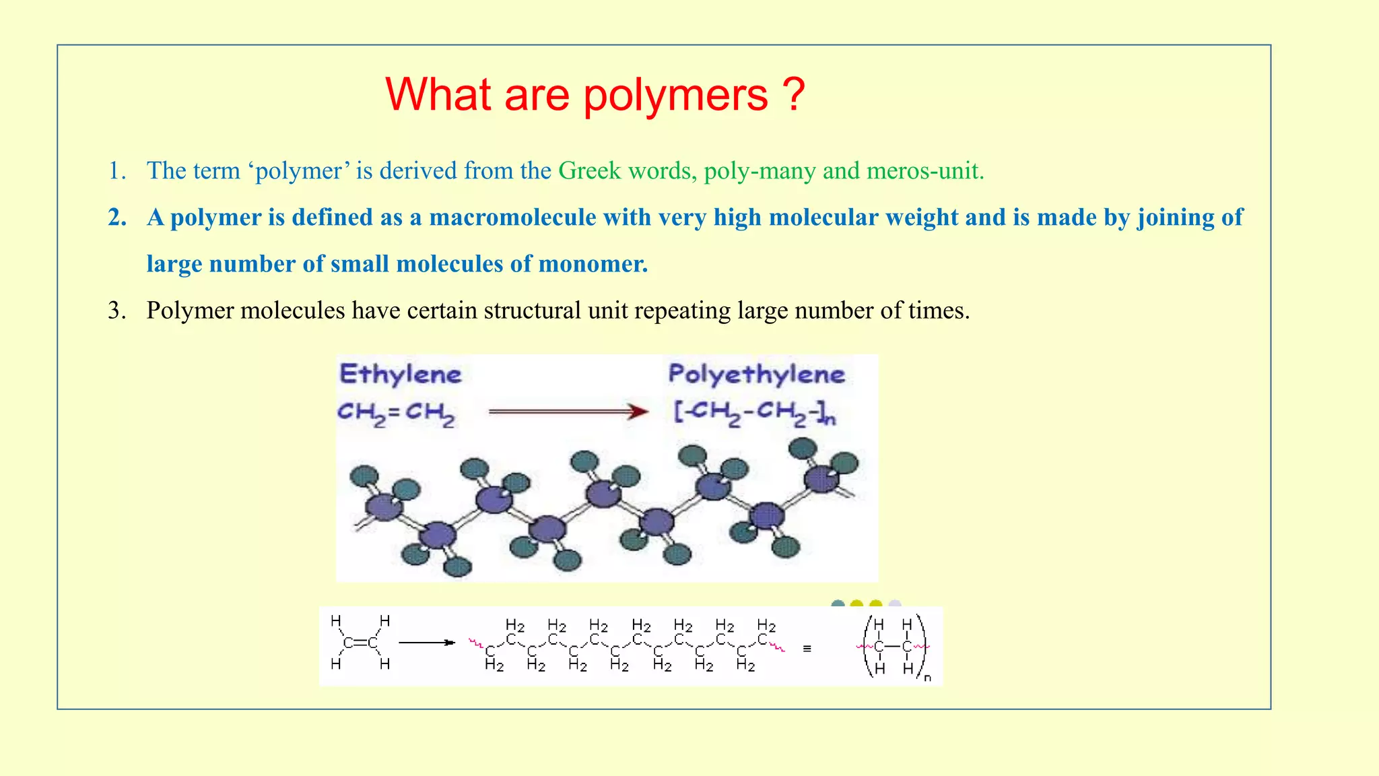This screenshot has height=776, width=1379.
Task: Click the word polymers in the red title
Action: pos(675,95)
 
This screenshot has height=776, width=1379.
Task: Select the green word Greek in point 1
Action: pos(589,171)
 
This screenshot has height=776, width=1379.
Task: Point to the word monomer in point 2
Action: pos(593,264)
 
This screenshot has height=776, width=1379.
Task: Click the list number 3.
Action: pos(116,311)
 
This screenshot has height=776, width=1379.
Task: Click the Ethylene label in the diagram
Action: pos(400,375)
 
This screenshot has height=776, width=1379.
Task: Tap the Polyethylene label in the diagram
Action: pos(756,375)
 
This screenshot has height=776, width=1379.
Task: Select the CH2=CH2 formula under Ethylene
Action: pos(396,413)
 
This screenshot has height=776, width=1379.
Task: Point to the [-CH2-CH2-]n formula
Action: pos(755,413)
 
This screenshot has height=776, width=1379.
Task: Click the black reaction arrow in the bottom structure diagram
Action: pos(427,643)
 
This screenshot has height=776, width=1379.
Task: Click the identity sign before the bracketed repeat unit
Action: pos(807,649)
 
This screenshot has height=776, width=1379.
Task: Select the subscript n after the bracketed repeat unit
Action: pos(927,678)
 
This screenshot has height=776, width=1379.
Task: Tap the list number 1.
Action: pos(116,171)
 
